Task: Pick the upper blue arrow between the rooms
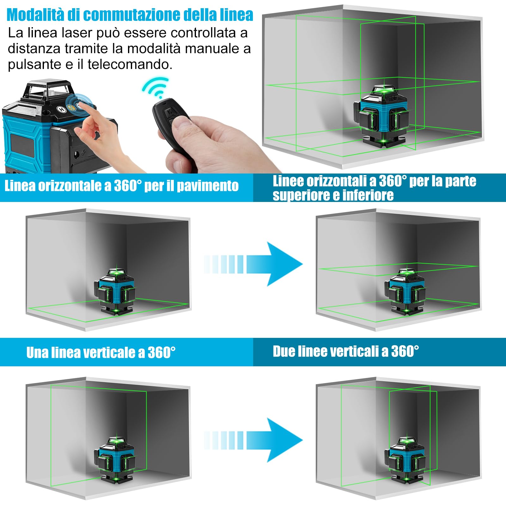click(253, 264)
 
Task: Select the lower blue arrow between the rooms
click(253, 440)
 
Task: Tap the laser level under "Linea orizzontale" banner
click(115, 291)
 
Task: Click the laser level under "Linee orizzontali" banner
click(405, 291)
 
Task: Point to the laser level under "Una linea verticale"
click(115, 460)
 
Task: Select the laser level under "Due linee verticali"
click(405, 460)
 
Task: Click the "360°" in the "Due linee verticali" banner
click(405, 351)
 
